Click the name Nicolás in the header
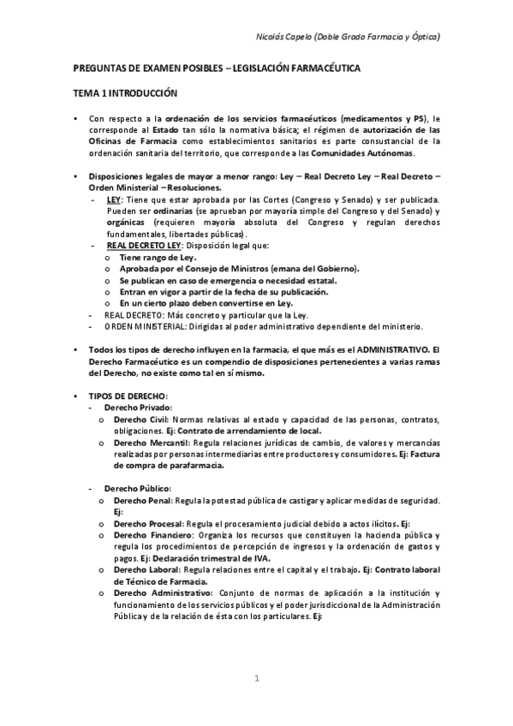click(272, 38)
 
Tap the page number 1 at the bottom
click(256, 679)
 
